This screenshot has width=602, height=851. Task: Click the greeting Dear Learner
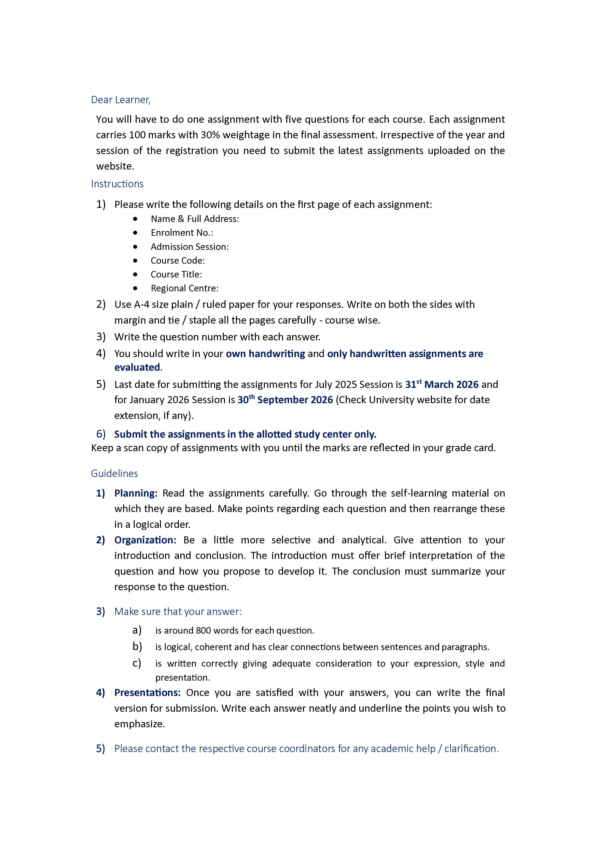[x=121, y=100]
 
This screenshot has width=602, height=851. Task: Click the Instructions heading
[x=117, y=184]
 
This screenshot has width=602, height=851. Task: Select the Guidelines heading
[x=114, y=473]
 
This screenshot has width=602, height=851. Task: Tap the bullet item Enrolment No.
[x=182, y=233]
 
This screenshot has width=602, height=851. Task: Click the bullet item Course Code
[x=178, y=261]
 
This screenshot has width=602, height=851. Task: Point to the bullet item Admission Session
[x=190, y=247]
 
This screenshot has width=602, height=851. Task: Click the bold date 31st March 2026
[x=441, y=384]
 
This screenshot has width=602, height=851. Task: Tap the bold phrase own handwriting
[x=265, y=354]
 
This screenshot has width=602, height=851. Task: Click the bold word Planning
[x=136, y=493]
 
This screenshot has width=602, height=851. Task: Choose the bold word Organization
[x=145, y=540]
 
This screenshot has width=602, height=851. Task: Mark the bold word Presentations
[x=147, y=693]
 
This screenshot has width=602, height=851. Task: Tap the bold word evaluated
[x=137, y=367]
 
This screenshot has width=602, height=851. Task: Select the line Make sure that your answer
[x=178, y=612]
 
